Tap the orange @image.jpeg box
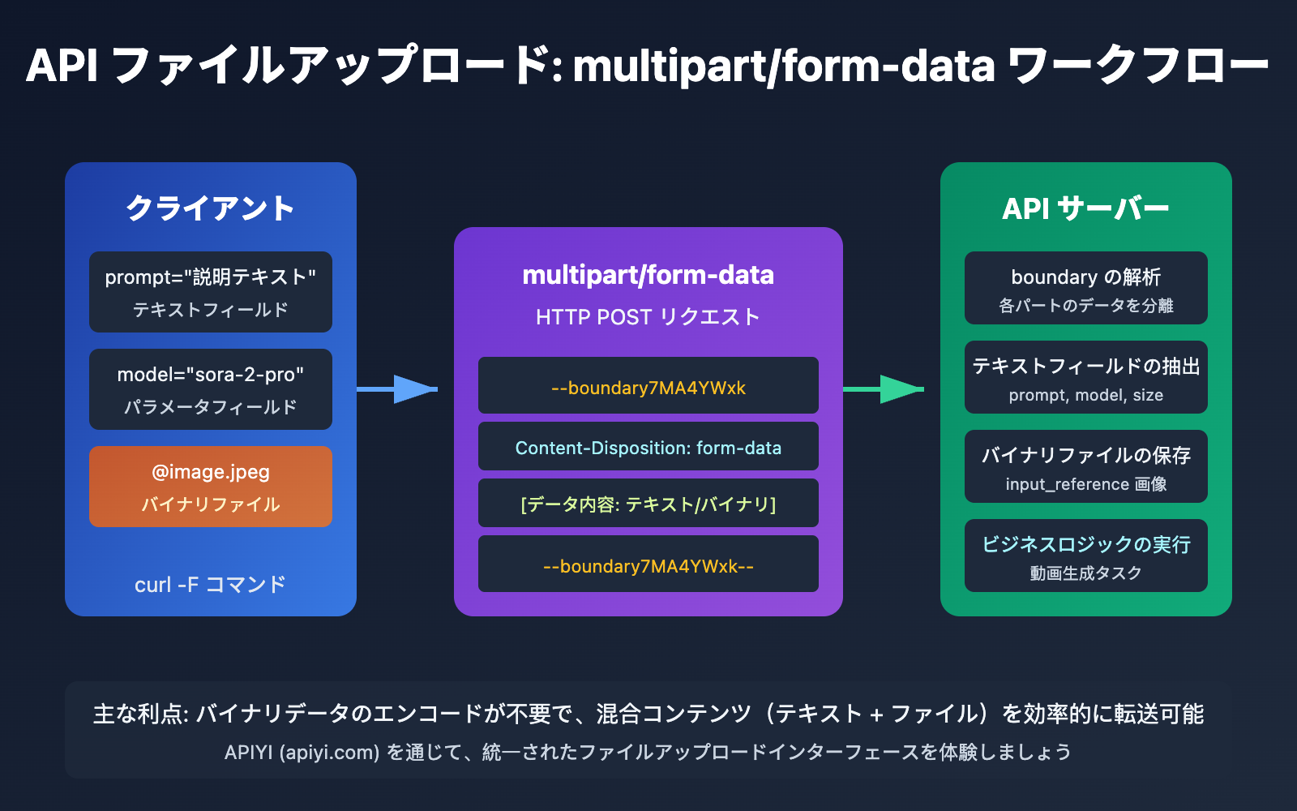[x=211, y=487]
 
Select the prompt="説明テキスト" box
[x=211, y=292]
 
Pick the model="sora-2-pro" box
[x=211, y=389]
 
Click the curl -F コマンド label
[x=211, y=585]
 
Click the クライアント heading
[x=211, y=208]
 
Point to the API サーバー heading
[x=1085, y=208]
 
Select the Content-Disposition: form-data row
[x=648, y=447]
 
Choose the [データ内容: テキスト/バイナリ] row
[x=648, y=504]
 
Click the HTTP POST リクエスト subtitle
[x=648, y=317]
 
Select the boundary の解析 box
[x=1085, y=288]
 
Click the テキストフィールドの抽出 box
[x=1085, y=377]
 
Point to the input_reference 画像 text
[x=1085, y=484]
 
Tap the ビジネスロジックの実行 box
[x=1085, y=556]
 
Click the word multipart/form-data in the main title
[x=783, y=67]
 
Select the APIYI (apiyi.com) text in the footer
[x=302, y=753]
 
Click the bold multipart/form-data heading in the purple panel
[x=648, y=275]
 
